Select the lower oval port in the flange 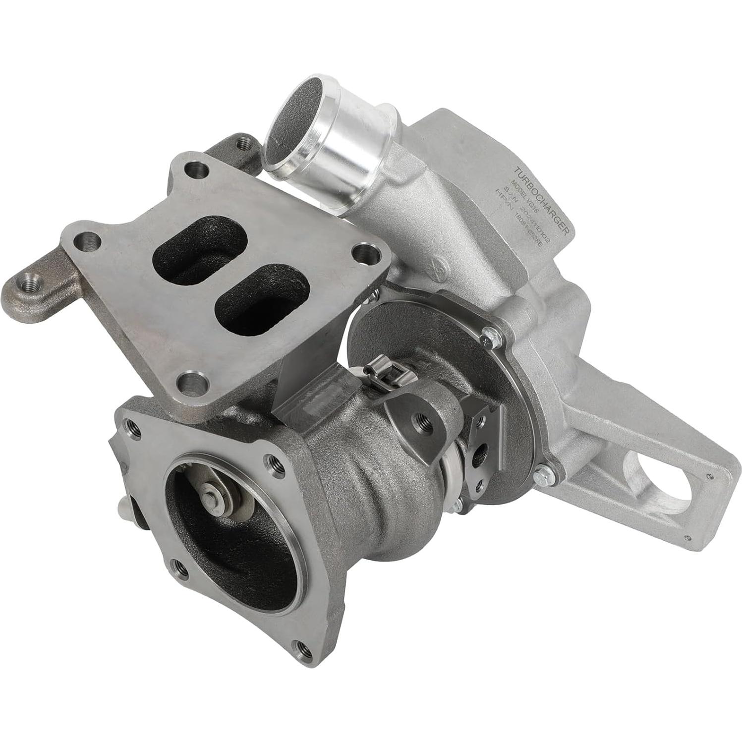pos(263,297)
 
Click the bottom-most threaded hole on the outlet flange pos(300,645)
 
